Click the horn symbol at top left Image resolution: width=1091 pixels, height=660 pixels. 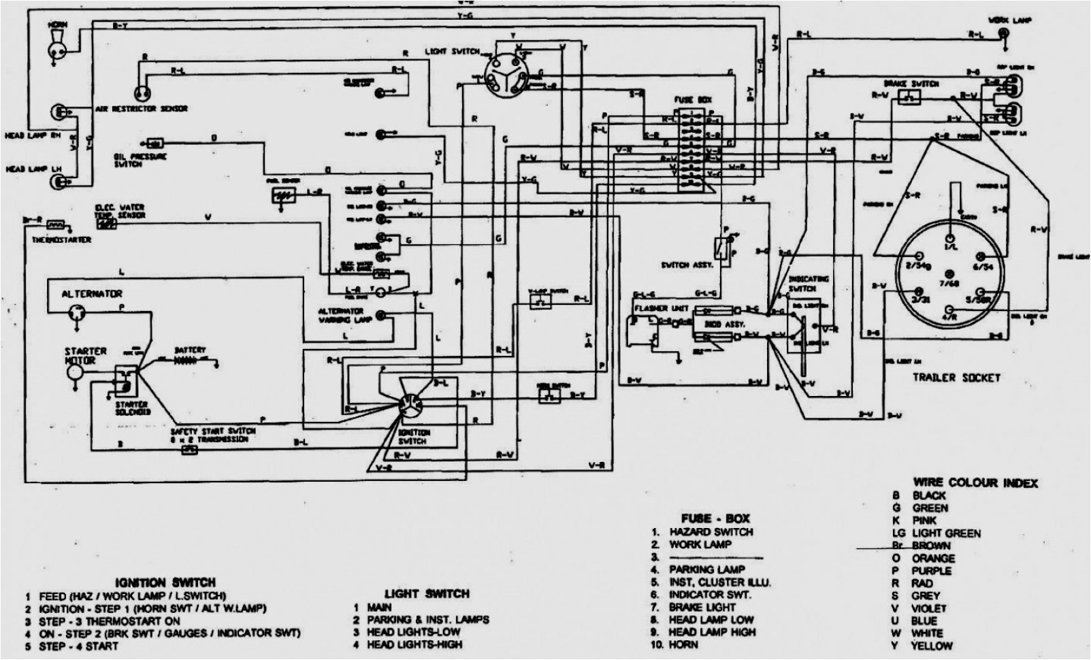point(54,46)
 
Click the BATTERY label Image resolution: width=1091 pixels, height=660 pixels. point(190,350)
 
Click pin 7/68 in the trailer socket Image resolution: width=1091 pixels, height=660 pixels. point(944,281)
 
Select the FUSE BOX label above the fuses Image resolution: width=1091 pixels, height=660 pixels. point(693,99)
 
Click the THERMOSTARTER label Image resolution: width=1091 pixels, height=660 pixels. point(61,240)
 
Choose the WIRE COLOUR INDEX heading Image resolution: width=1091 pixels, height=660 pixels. point(975,482)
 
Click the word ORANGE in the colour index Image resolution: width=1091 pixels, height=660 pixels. point(933,559)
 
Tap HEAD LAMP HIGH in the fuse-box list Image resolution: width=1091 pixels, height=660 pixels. point(712,632)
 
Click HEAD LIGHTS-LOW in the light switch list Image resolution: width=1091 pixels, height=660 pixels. point(413,632)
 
